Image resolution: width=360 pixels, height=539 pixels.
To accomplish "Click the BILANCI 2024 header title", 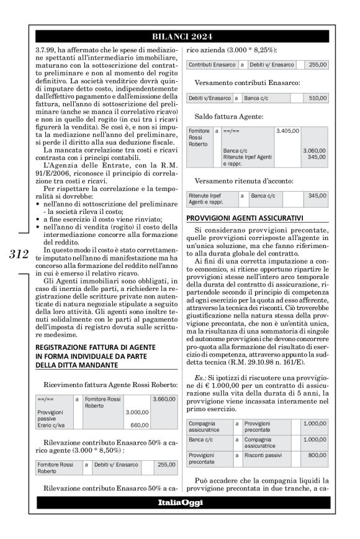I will (x=180, y=37).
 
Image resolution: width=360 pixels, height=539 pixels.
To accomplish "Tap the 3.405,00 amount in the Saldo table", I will (x=287, y=131).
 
